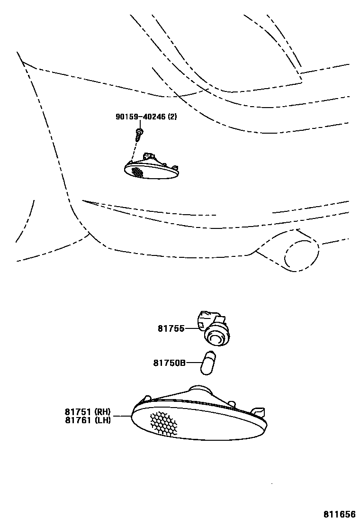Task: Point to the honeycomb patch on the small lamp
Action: tap(137, 172)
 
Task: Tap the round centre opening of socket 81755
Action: tap(216, 338)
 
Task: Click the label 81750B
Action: tap(169, 363)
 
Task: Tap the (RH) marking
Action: tap(102, 411)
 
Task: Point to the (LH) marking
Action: tap(102, 419)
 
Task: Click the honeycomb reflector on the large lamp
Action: tap(163, 423)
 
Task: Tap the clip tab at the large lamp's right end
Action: tap(258, 410)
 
